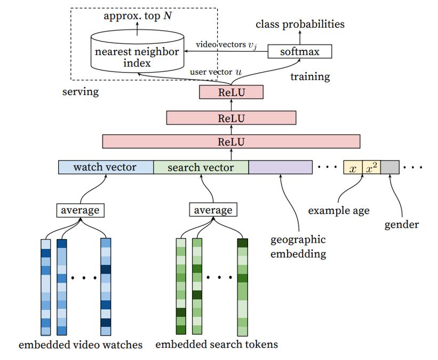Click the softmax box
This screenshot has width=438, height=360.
click(x=299, y=51)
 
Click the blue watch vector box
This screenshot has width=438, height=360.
click(x=105, y=167)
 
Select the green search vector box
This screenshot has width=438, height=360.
click(x=201, y=167)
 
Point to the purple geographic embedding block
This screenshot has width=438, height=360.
click(x=280, y=167)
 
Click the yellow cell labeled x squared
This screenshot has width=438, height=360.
click(x=371, y=167)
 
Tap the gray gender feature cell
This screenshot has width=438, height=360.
click(x=389, y=167)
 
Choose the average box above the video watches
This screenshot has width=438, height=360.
click(x=79, y=210)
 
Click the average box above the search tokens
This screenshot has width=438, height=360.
click(x=212, y=210)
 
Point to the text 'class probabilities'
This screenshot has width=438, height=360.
click(x=300, y=24)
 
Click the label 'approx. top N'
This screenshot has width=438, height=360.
click(x=137, y=16)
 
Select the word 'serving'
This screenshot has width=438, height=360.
click(x=81, y=92)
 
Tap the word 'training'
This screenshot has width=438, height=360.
click(x=310, y=77)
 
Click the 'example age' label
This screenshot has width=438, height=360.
click(x=338, y=211)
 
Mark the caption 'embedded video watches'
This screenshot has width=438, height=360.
click(x=81, y=345)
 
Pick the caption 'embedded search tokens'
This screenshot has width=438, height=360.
click(x=216, y=345)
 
